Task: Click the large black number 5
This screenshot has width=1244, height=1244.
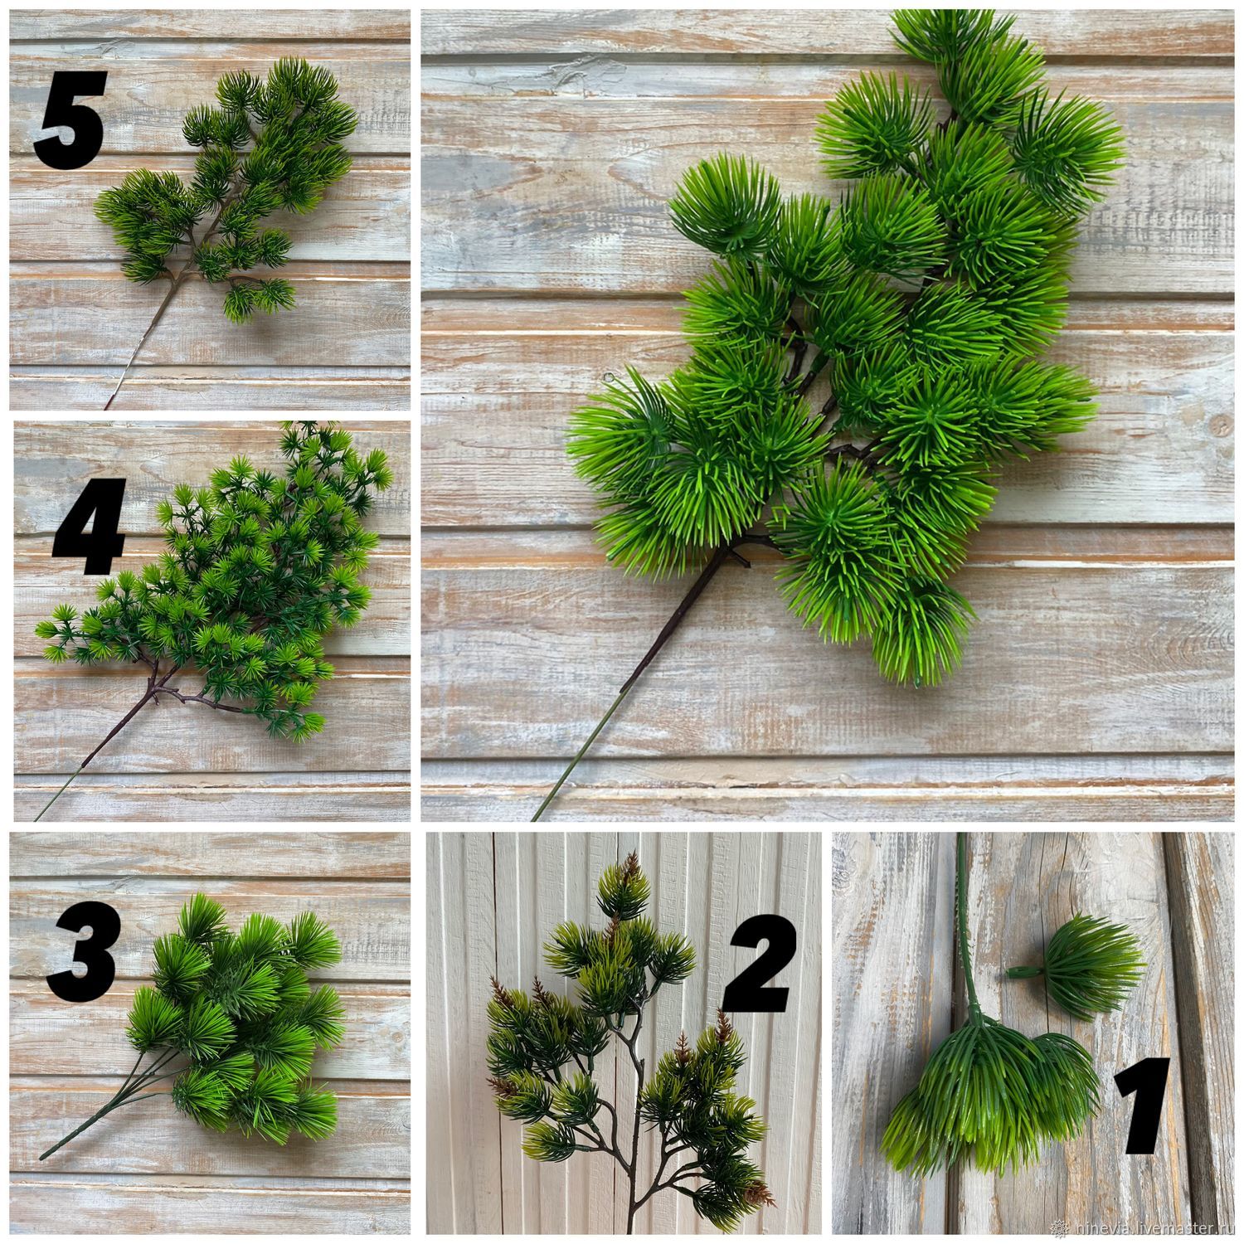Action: [70, 120]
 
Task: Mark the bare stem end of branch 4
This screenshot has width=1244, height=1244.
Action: [37, 816]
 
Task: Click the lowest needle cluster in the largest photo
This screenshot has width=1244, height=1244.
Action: [921, 634]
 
